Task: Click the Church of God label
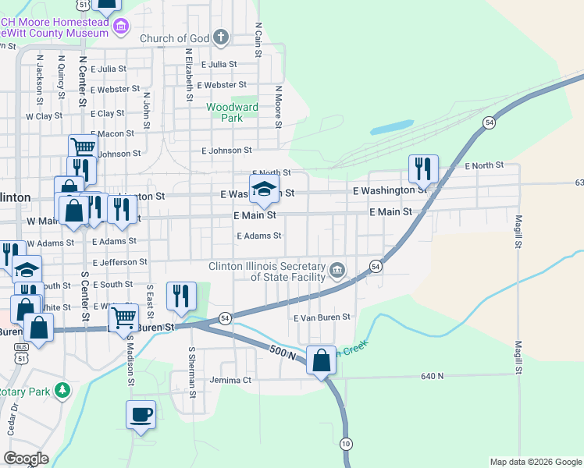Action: (176, 38)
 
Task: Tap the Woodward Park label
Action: (232, 112)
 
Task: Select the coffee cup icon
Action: (141, 415)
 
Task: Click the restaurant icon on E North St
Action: (422, 168)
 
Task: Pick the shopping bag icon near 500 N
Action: (321, 361)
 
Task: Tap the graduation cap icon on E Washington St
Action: (264, 188)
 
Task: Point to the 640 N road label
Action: (432, 376)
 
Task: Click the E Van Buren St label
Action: (322, 317)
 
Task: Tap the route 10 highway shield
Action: (346, 443)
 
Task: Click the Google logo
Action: (26, 459)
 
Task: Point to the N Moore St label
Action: (277, 105)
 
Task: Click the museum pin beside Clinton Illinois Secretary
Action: (337, 270)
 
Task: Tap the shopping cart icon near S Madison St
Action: (124, 317)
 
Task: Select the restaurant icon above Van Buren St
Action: (180, 296)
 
